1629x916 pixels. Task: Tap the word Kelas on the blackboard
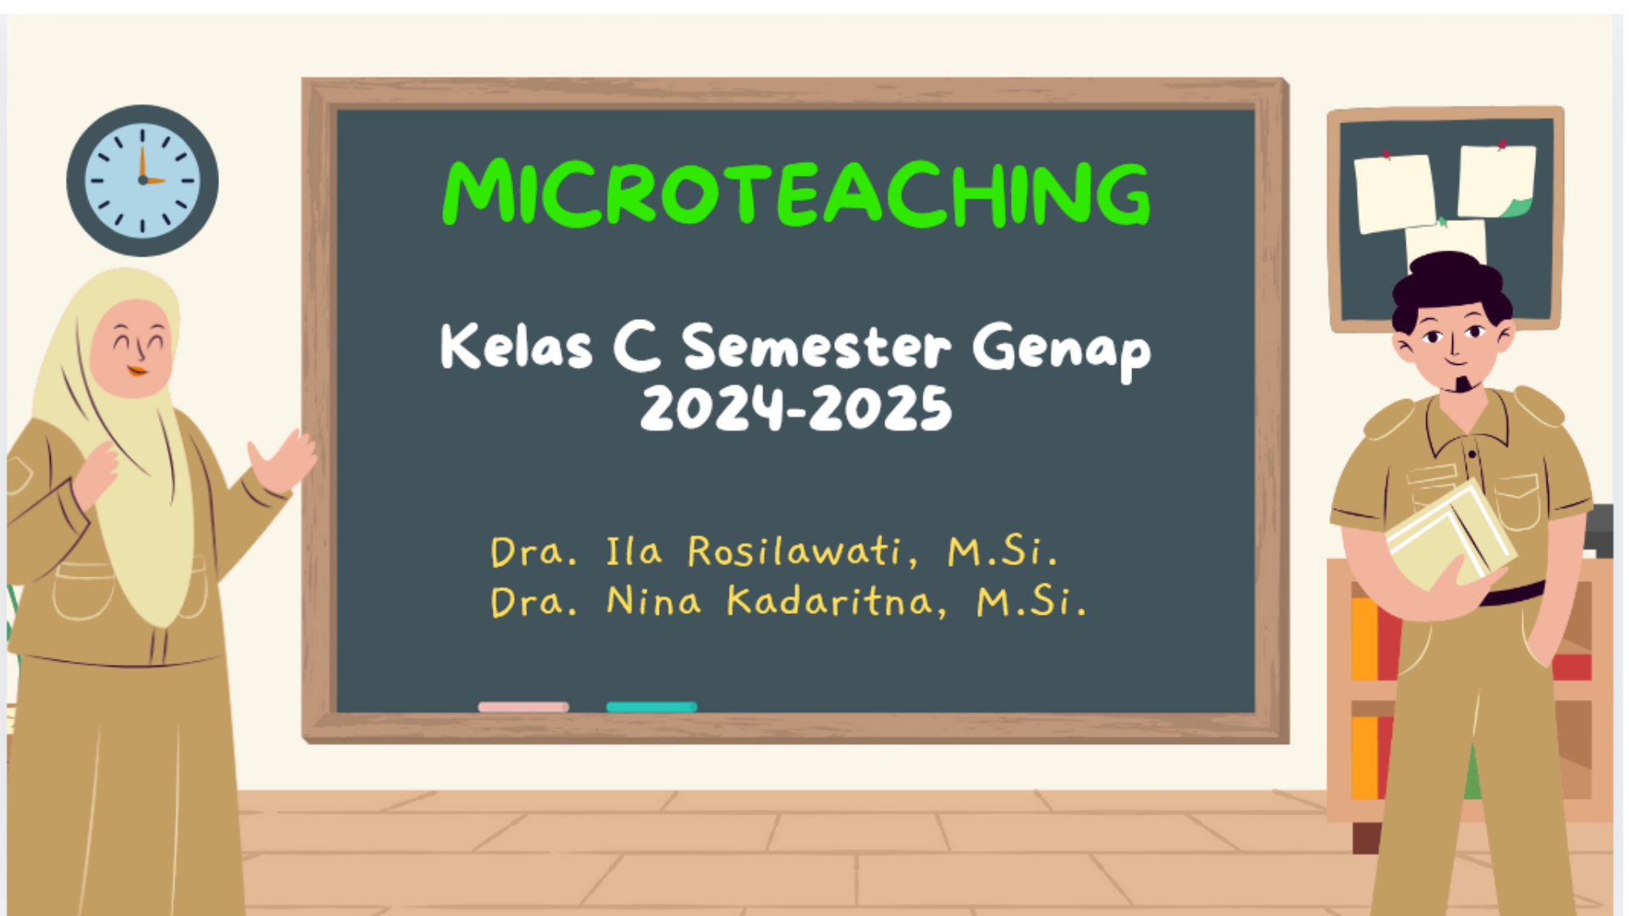(516, 347)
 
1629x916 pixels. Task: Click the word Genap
(1061, 352)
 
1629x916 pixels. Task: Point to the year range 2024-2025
(796, 408)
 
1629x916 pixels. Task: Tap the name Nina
(653, 602)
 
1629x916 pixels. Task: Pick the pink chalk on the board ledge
(524, 707)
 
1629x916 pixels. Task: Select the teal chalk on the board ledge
(652, 707)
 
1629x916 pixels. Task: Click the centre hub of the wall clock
(143, 180)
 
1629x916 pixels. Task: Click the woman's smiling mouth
(138, 372)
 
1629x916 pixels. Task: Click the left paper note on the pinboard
(1395, 193)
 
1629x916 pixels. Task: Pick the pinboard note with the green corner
(1496, 182)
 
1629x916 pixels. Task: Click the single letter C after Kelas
(637, 347)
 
